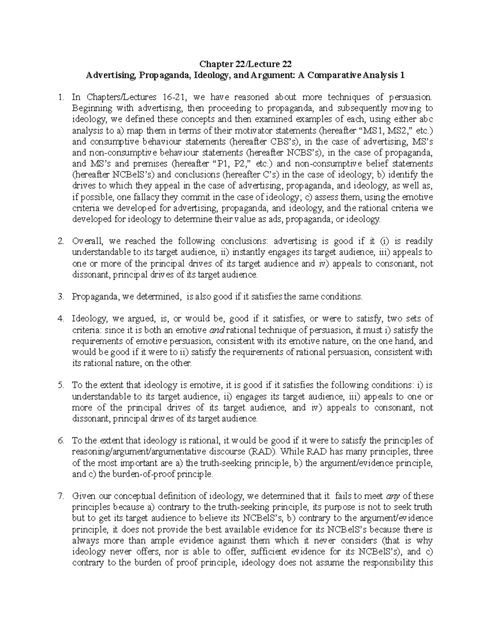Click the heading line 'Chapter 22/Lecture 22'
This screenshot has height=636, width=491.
click(245, 64)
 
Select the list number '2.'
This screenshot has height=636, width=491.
click(61, 241)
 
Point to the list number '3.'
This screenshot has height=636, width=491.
click(61, 296)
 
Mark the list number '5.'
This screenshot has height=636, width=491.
click(61, 385)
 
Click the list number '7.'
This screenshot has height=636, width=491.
click(61, 496)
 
